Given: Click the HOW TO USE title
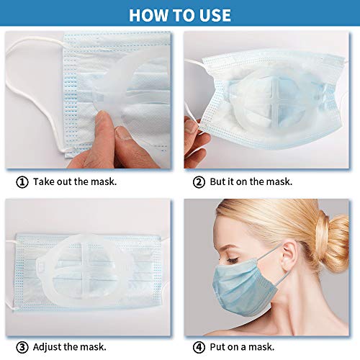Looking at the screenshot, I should (180, 14).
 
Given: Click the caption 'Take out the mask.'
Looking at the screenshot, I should (75, 181).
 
